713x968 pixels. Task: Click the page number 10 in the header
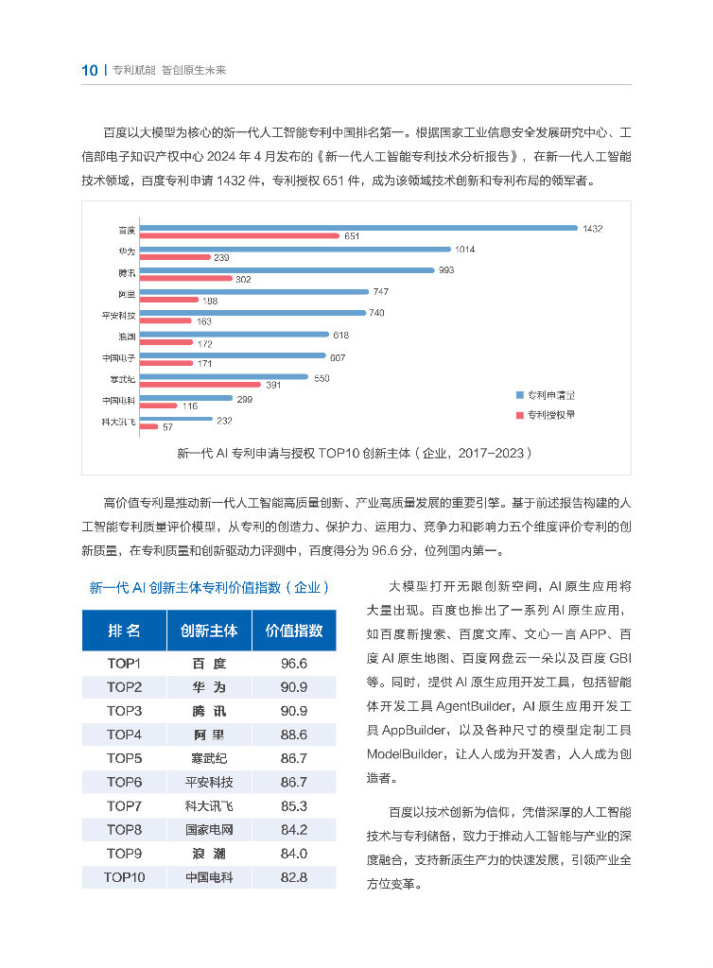[90, 70]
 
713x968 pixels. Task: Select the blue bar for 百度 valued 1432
[358, 228]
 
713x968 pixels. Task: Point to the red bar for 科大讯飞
[148, 427]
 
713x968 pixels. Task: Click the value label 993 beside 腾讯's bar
[446, 270]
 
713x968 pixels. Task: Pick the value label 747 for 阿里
[381, 291]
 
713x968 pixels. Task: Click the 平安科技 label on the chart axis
[119, 315]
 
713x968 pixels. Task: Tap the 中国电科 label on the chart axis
[119, 401]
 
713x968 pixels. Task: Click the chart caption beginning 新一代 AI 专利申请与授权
[355, 454]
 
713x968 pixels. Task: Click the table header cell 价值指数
[294, 631]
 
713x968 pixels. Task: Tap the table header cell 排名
[124, 631]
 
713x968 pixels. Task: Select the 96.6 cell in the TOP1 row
[294, 664]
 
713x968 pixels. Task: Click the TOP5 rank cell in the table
[124, 758]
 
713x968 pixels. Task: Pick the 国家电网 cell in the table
[209, 830]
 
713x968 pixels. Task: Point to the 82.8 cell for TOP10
[294, 877]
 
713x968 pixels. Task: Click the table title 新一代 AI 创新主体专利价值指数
[209, 587]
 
